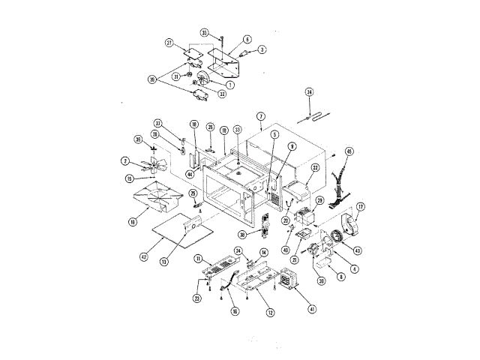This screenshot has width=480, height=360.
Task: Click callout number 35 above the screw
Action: click(x=204, y=32)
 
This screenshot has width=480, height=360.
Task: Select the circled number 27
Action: click(x=169, y=43)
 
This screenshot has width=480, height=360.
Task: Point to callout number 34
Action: click(x=309, y=92)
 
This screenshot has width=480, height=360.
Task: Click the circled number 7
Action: click(x=260, y=116)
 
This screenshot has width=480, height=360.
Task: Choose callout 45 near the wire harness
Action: click(x=348, y=151)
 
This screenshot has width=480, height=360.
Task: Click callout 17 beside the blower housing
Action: click(x=360, y=207)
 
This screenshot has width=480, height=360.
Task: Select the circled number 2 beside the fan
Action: click(x=126, y=160)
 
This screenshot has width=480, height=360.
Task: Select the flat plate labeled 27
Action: click(x=194, y=55)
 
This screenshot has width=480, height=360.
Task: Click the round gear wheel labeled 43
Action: click(x=337, y=238)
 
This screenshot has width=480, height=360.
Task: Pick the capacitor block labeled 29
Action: click(x=305, y=218)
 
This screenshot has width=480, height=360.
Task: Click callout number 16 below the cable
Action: click(x=234, y=312)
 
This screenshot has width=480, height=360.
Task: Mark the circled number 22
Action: click(x=316, y=168)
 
